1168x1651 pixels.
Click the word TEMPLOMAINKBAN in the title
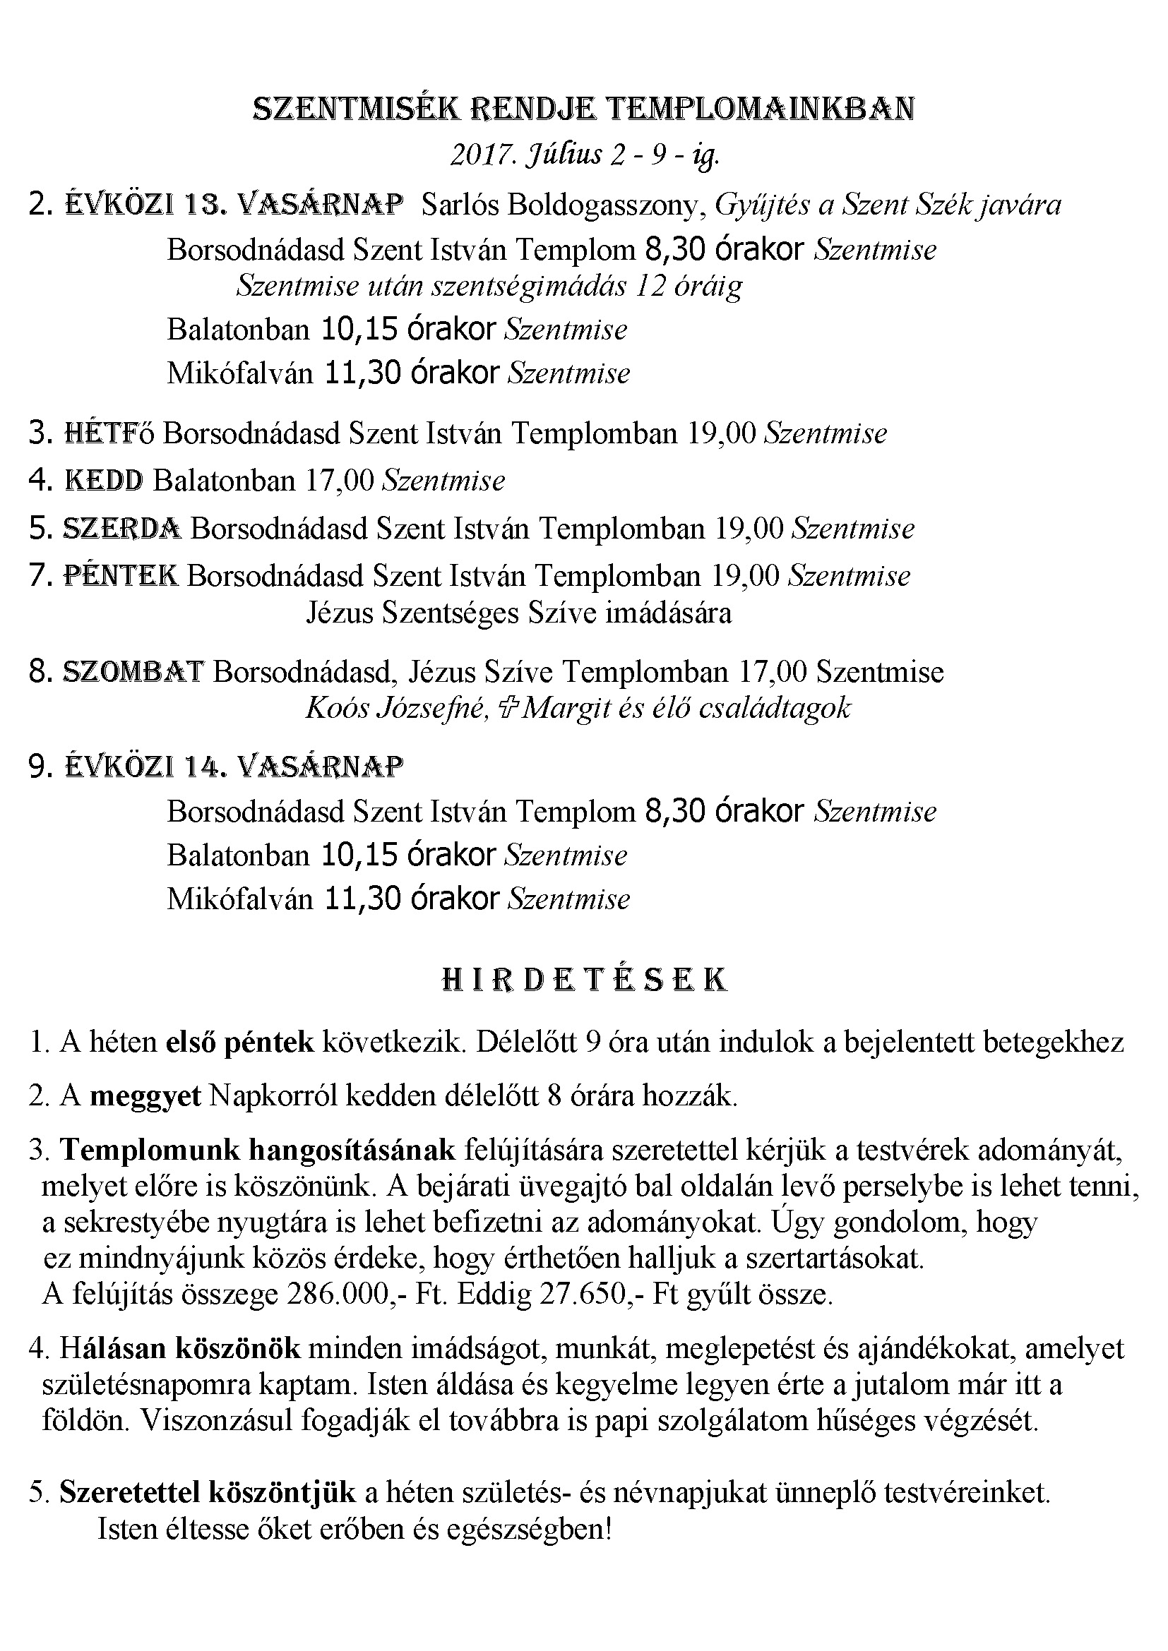[x=761, y=109]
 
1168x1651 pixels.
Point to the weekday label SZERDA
[x=121, y=529]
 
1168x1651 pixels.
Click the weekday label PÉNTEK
[x=121, y=575]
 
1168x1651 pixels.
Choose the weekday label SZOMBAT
[x=133, y=671]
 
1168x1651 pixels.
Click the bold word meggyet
[x=145, y=1097]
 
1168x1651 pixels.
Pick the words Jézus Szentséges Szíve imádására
[x=518, y=613]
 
